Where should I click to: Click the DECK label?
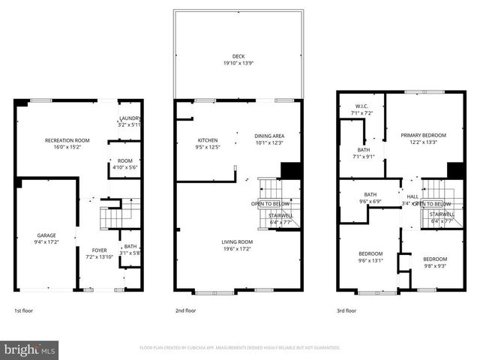(x=238, y=55)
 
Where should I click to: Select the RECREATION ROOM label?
(x=67, y=140)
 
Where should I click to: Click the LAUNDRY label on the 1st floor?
(x=130, y=118)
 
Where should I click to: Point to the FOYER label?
(x=100, y=250)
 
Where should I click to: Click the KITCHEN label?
(x=208, y=140)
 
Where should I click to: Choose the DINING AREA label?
(x=268, y=136)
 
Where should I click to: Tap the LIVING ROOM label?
(x=237, y=241)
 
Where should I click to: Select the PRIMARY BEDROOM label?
(x=423, y=135)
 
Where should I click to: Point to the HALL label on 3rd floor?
(x=412, y=196)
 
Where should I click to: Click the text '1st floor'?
(x=25, y=310)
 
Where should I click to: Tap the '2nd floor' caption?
(x=185, y=310)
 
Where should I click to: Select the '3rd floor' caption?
(x=346, y=310)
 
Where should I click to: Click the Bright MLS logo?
(x=30, y=349)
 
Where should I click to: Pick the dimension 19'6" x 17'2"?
(x=237, y=248)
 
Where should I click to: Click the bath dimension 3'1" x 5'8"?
(x=130, y=253)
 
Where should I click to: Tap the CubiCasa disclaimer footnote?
(x=240, y=348)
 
